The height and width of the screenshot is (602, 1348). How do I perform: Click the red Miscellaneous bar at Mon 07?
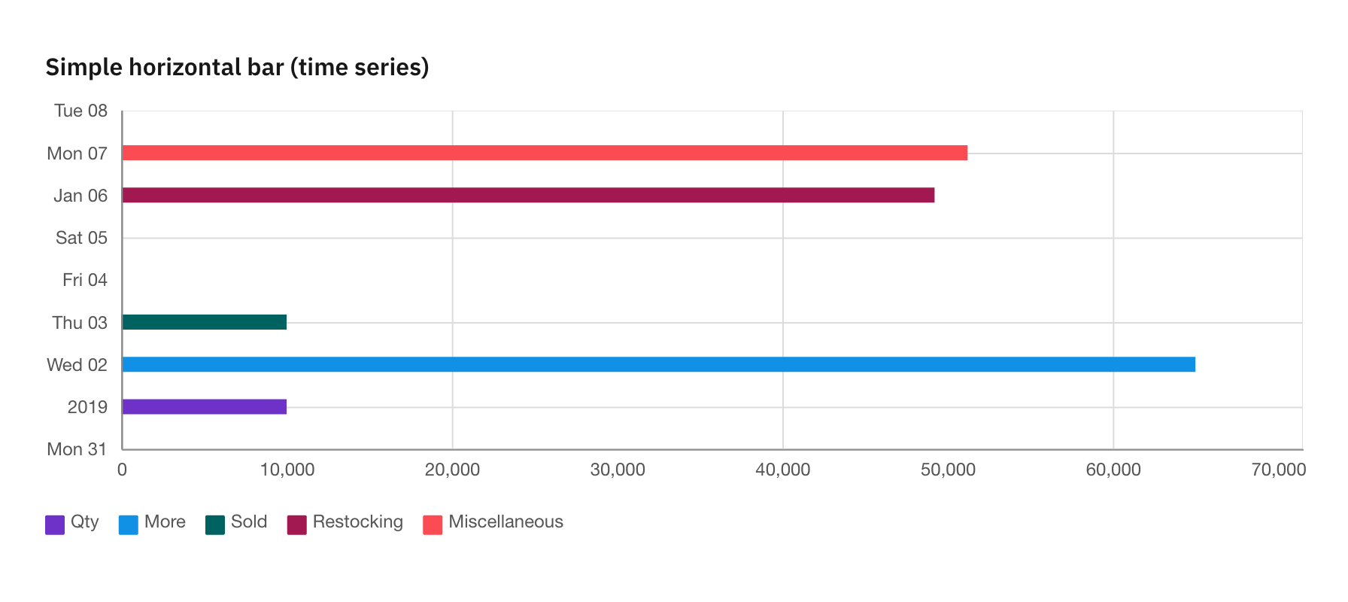pyautogui.click(x=545, y=153)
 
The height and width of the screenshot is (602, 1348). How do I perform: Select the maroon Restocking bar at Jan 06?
pyautogui.click(x=528, y=196)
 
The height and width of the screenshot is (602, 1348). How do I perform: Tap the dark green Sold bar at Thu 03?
pyautogui.click(x=205, y=322)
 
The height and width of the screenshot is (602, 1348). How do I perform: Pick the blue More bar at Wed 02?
pyautogui.click(x=658, y=364)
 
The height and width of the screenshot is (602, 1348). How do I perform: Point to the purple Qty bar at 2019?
pyautogui.click(x=205, y=407)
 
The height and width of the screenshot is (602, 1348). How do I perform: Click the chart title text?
pyautogui.click(x=237, y=67)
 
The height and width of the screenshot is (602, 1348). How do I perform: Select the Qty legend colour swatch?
pyautogui.click(x=55, y=524)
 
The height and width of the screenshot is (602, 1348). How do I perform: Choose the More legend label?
pyautogui.click(x=165, y=522)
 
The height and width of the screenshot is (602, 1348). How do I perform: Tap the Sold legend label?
pyautogui.click(x=249, y=522)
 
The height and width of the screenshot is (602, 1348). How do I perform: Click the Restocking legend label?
pyautogui.click(x=357, y=522)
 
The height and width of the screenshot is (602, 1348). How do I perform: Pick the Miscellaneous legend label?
pyautogui.click(x=506, y=522)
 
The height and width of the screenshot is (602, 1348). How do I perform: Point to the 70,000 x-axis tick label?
pyautogui.click(x=1278, y=470)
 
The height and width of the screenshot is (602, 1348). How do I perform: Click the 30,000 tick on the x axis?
pyautogui.click(x=618, y=470)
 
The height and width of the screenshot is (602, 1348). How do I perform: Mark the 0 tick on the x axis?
pyautogui.click(x=122, y=470)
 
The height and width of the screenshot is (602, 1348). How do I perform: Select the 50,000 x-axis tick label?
pyautogui.click(x=948, y=470)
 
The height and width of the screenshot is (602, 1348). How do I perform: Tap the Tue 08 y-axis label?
pyautogui.click(x=80, y=111)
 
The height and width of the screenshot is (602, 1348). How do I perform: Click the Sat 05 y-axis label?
pyautogui.click(x=81, y=239)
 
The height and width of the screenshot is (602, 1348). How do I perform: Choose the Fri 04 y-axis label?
pyautogui.click(x=84, y=281)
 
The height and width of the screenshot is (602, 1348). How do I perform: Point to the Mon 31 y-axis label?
pyautogui.click(x=77, y=450)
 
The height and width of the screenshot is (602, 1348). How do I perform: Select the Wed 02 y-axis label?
pyautogui.click(x=77, y=365)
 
